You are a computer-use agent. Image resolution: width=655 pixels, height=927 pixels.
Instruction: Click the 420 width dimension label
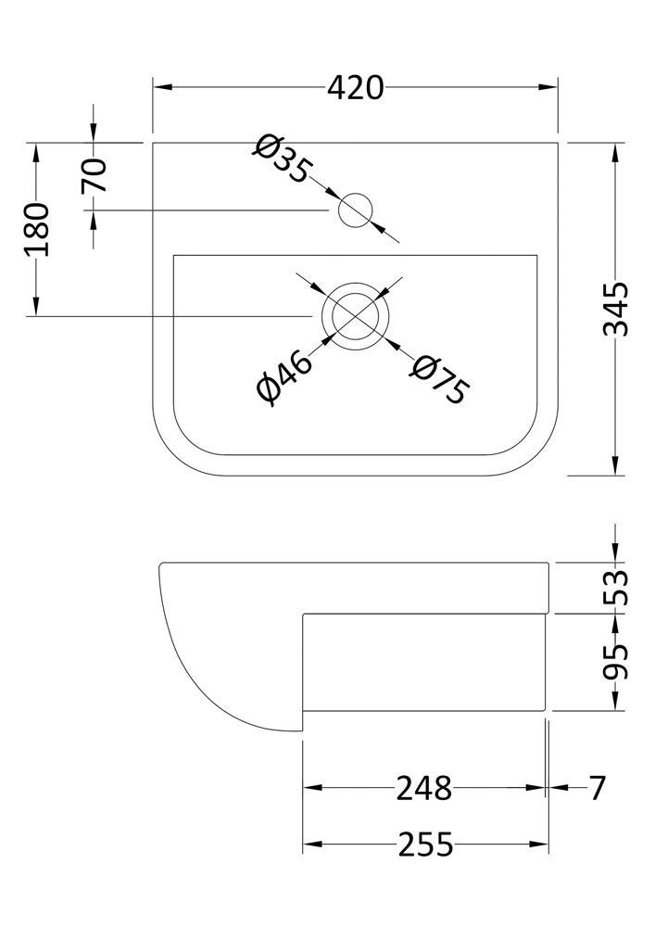(356, 88)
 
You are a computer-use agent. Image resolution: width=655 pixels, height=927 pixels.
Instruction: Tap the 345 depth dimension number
(616, 310)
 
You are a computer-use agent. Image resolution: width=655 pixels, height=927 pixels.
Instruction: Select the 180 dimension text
(37, 229)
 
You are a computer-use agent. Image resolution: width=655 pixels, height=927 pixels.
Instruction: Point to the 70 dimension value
(94, 175)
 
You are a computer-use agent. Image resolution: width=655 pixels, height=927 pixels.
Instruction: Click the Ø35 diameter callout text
(282, 159)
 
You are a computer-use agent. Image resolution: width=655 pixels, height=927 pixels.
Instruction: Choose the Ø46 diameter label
(284, 377)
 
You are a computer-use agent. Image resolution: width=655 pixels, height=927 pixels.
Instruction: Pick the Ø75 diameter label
(441, 379)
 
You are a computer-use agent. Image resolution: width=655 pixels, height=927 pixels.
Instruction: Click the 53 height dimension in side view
(616, 587)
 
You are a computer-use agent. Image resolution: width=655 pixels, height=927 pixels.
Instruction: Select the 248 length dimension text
(423, 788)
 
